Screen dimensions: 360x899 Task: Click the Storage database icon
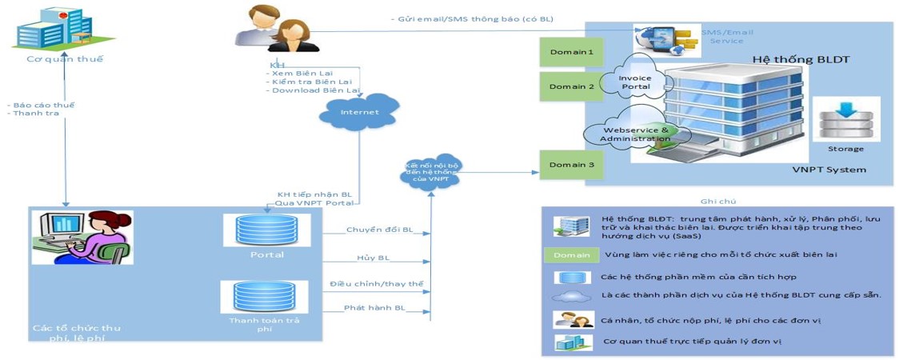845,119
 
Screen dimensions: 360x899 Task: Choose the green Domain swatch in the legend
570,255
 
